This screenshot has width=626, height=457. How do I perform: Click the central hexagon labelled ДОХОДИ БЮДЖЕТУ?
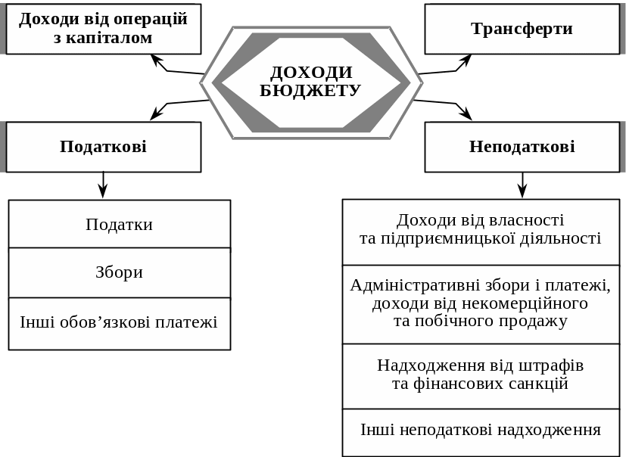click(x=311, y=82)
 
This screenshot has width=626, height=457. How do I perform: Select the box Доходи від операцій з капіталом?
click(x=104, y=29)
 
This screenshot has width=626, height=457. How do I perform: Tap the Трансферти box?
click(x=522, y=29)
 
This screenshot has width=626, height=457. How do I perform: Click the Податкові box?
click(x=104, y=147)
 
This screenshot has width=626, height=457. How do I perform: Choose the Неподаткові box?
click(x=522, y=147)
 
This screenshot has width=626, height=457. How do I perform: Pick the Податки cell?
click(x=120, y=225)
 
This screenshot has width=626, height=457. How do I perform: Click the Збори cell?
click(x=120, y=272)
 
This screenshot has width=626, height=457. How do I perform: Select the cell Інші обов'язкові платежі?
click(x=120, y=322)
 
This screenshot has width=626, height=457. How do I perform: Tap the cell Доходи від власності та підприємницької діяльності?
click(x=481, y=229)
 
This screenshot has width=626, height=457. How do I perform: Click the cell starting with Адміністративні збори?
click(x=481, y=303)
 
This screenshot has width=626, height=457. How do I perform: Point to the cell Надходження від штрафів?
click(x=481, y=375)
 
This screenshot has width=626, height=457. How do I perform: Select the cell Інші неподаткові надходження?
click(x=481, y=431)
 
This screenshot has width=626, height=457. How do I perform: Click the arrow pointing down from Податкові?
click(x=104, y=185)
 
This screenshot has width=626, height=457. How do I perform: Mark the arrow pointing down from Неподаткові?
click(x=522, y=185)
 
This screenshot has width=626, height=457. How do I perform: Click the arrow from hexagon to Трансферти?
click(x=447, y=67)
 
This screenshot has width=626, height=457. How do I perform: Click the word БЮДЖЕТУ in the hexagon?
click(x=310, y=91)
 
